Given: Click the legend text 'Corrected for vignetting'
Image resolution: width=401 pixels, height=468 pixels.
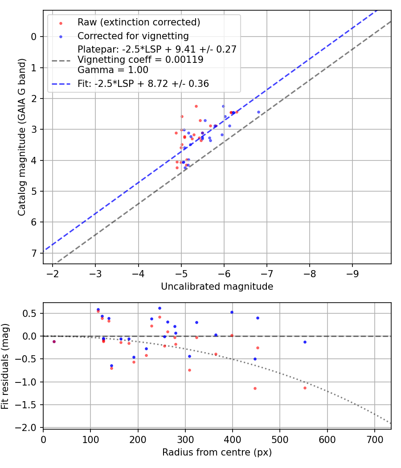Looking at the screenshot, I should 133,36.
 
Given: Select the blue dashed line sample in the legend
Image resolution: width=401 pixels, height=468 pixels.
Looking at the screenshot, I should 61,83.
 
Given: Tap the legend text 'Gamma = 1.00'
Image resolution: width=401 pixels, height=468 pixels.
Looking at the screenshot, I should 113,70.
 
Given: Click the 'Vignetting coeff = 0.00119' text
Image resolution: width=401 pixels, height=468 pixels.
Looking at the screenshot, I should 140,59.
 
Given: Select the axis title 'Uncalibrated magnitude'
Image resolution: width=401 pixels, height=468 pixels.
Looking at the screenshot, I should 217,287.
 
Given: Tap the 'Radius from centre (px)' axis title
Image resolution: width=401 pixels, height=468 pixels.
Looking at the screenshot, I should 217,452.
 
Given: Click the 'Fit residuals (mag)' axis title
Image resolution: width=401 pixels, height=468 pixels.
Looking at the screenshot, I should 6,365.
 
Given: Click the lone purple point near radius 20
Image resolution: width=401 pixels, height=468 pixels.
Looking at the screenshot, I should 54,341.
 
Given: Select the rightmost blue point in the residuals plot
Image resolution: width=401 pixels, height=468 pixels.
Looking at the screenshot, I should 305,342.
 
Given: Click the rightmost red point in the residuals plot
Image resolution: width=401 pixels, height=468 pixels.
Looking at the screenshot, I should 305,388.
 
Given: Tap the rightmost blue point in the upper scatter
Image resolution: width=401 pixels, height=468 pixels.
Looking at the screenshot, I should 258,112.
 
